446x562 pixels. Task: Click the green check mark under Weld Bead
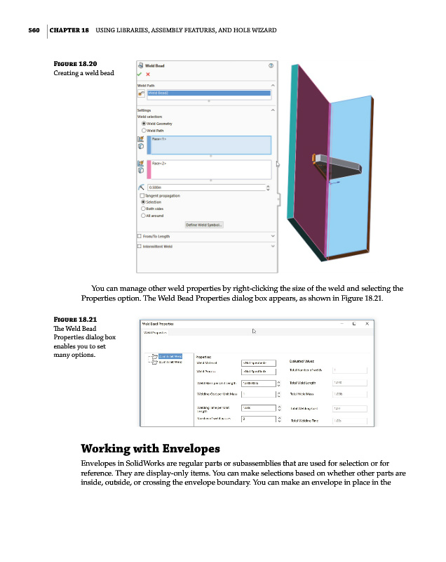[x=140, y=74]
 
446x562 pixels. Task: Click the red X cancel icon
[x=148, y=74]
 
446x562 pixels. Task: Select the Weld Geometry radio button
[x=144, y=124]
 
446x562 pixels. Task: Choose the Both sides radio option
[x=144, y=209]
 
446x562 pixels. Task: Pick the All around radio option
[x=144, y=215]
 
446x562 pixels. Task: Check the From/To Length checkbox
[x=140, y=236]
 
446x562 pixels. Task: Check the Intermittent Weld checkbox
[x=140, y=247]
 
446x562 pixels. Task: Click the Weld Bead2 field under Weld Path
[x=208, y=93]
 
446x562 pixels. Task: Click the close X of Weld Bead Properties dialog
[x=367, y=323]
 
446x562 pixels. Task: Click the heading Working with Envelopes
[x=151, y=448]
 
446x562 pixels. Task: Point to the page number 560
[x=29, y=30]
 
